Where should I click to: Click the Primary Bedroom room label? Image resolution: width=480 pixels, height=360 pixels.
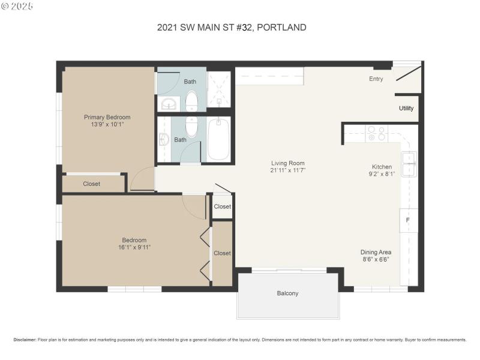[107, 117]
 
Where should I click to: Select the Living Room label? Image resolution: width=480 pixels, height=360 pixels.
[288, 163]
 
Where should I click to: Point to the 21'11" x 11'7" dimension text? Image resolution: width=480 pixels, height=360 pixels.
[288, 170]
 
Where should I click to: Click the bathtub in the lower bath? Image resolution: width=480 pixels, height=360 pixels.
[219, 139]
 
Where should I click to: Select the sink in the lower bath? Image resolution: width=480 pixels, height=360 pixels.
[164, 140]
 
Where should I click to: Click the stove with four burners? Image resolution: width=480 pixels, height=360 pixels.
[377, 133]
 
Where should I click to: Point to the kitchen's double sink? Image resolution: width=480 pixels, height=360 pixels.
[410, 164]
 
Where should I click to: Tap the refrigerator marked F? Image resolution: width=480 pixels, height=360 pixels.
[409, 220]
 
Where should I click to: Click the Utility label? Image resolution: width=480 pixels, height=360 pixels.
[406, 109]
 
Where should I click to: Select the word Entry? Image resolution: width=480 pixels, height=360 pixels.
[376, 79]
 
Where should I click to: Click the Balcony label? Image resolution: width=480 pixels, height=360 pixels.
[287, 293]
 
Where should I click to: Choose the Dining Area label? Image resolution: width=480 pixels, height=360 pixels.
[375, 252]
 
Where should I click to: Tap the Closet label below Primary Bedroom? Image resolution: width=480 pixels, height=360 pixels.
[91, 184]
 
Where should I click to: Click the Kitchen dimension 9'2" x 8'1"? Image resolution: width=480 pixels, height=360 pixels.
[381, 175]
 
